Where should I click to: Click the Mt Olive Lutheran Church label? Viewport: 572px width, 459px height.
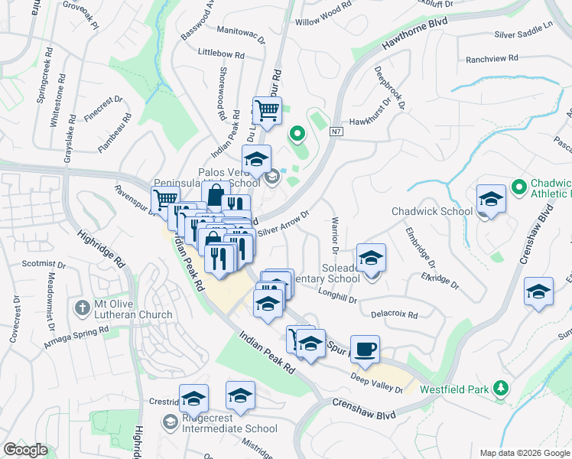133,308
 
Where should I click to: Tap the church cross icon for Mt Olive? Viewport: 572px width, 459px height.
83,308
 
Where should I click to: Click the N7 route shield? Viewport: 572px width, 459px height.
336,132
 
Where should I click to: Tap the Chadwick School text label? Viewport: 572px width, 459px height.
432,211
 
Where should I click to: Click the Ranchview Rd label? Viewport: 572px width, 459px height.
492,58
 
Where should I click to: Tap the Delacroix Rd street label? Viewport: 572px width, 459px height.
394,314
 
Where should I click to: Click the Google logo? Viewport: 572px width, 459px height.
25,449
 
